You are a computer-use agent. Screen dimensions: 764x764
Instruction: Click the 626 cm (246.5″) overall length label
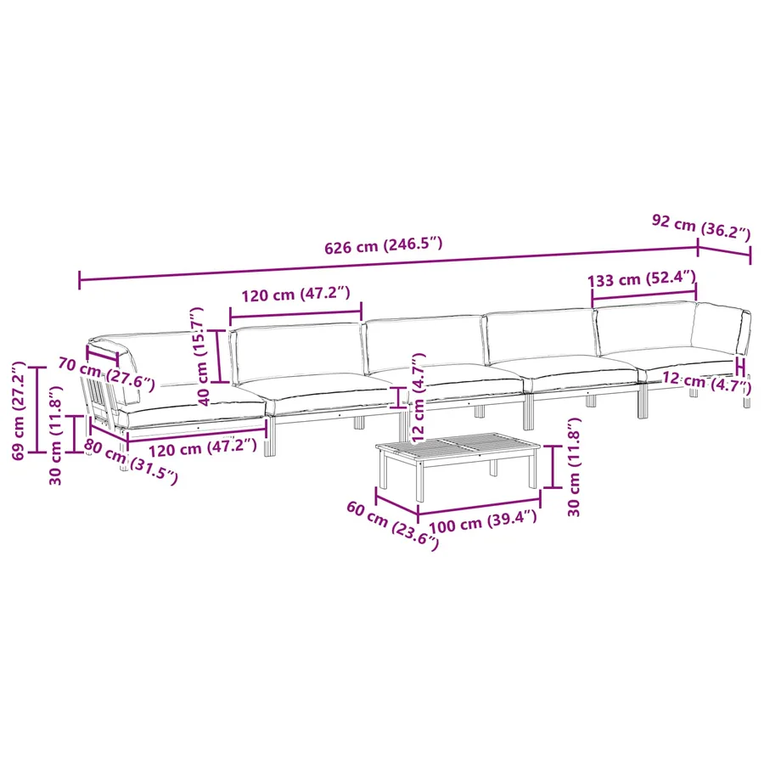pyautogui.click(x=384, y=245)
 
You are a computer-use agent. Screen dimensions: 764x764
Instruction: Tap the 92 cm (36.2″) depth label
pyautogui.click(x=701, y=228)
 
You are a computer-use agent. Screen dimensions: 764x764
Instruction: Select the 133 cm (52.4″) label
pyautogui.click(x=642, y=279)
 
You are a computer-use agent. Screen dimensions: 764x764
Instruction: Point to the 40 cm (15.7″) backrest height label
pyautogui.click(x=200, y=357)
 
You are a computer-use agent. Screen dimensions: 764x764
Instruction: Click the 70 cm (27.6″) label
pyautogui.click(x=106, y=374)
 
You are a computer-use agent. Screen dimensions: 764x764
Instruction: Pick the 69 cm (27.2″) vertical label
pyautogui.click(x=18, y=411)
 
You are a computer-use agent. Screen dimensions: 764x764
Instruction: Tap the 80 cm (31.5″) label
pyautogui.click(x=131, y=462)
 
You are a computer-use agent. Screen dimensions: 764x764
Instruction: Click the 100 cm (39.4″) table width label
pyautogui.click(x=483, y=521)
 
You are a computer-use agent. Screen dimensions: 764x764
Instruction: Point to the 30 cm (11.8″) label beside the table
pyautogui.click(x=574, y=467)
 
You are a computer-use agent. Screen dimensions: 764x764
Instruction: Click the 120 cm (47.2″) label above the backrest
pyautogui.click(x=295, y=294)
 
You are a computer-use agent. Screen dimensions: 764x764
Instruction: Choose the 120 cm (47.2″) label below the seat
pyautogui.click(x=202, y=447)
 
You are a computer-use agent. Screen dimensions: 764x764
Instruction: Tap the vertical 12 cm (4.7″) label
pyautogui.click(x=418, y=398)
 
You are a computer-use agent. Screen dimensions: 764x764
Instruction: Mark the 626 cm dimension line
pyautogui.click(x=388, y=265)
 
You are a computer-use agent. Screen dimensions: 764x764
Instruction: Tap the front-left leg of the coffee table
pyautogui.click(x=420, y=482)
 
